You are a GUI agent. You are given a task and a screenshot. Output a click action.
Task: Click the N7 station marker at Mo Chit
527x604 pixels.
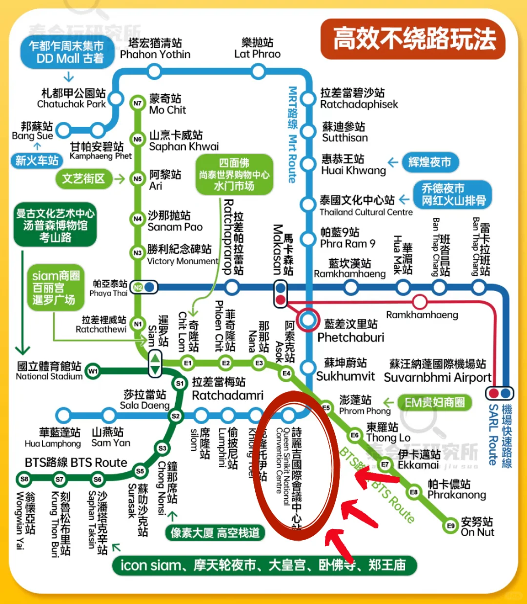click(138, 103)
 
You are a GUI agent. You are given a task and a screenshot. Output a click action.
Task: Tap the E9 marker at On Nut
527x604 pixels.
click(451, 526)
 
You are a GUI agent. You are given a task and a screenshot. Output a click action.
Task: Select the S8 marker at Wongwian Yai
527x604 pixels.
click(24, 479)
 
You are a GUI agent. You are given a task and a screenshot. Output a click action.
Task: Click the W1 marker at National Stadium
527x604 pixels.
click(93, 371)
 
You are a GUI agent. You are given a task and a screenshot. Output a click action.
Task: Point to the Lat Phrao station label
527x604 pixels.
click(257, 48)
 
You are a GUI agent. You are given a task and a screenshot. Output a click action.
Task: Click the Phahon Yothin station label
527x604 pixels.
click(155, 48)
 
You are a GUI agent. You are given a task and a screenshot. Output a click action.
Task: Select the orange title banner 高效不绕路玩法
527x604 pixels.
click(413, 39)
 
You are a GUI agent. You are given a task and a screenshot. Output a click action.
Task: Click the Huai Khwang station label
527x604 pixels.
click(353, 165)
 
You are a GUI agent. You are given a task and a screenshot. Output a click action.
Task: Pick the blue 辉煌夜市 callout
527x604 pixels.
click(430, 162)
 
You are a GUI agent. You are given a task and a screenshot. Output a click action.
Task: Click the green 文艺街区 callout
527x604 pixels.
click(83, 179)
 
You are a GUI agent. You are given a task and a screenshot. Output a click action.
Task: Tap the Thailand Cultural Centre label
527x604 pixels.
click(366, 205)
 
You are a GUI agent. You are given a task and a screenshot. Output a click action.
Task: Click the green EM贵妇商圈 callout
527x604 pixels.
click(435, 403)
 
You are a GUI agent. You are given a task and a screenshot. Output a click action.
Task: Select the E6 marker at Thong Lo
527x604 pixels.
click(355, 435)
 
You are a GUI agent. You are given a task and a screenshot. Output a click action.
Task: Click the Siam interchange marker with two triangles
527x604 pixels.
click(155, 363)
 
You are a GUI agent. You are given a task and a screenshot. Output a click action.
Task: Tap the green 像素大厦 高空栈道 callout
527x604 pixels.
click(215, 533)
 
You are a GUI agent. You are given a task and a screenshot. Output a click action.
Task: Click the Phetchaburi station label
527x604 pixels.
click(350, 331)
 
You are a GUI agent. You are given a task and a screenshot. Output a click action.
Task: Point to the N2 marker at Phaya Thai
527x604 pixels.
click(138, 287)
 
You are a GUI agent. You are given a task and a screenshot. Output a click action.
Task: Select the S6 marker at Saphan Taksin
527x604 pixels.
click(98, 479)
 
